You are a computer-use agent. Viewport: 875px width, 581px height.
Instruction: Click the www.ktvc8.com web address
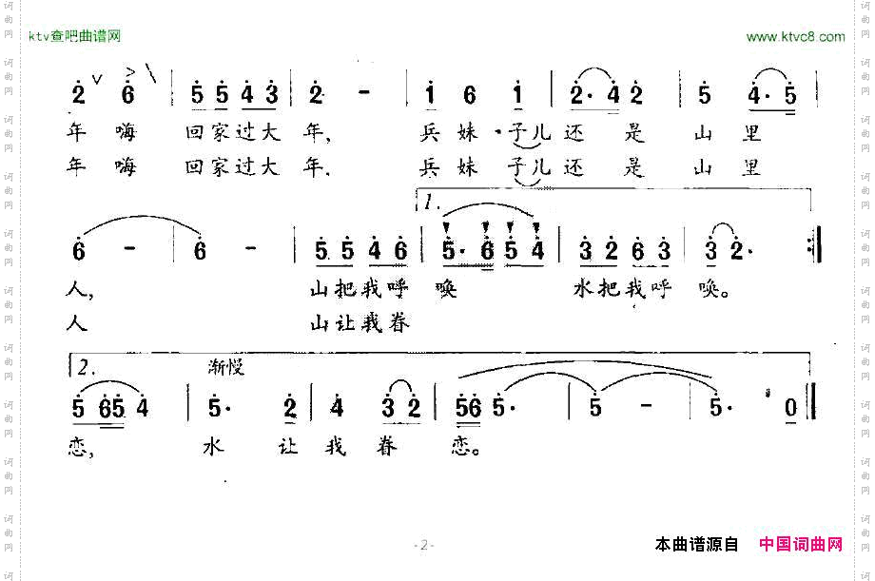(x=795, y=37)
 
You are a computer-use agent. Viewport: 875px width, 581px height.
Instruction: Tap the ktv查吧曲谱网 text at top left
(x=74, y=37)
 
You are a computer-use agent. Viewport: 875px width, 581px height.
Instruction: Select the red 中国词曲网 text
(x=801, y=544)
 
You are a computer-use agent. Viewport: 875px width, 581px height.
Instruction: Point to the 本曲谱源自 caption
(x=697, y=544)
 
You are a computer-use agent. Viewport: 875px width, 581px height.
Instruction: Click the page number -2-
(x=423, y=545)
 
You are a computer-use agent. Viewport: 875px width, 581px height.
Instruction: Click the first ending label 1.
(x=431, y=202)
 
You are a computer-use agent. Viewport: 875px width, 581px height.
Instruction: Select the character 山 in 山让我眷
(x=321, y=324)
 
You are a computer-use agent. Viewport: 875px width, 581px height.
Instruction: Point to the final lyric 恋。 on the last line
(x=465, y=447)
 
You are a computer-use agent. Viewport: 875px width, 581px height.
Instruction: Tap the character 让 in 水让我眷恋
(x=289, y=447)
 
